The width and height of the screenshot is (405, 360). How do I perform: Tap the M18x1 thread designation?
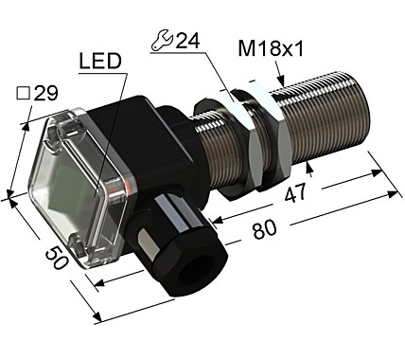pyautogui.click(x=255, y=48)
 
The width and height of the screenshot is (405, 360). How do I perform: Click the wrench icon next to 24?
pyautogui.click(x=160, y=41)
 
